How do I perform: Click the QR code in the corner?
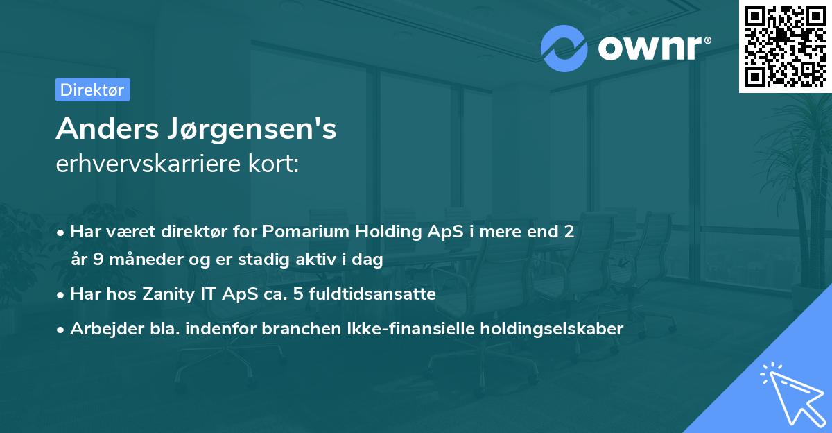pos(785,46)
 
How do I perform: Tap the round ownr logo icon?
pos(564,48)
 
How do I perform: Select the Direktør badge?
pos(92,90)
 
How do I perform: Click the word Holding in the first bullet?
pos(381,231)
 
